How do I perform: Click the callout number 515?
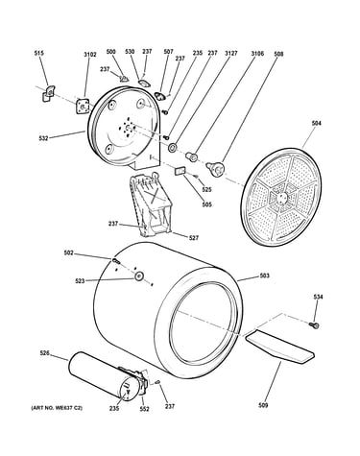pos(38,54)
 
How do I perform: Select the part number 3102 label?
pos(90,55)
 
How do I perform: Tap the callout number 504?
pos(316,123)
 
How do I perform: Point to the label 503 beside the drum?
pos(264,276)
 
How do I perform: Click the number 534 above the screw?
pos(318,297)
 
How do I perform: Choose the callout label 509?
pos(263,405)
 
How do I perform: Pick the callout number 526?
pos(45,353)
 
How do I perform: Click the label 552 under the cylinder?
pos(145,409)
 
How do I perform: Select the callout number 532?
pos(43,138)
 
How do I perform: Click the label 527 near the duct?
pos(194,238)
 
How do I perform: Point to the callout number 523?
pos(80,281)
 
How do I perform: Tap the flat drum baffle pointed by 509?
pos(279,347)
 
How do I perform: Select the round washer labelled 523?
pos(138,276)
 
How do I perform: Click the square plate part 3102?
pos(82,106)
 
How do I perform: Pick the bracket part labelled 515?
pos(48,93)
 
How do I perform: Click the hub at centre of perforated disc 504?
pos(280,197)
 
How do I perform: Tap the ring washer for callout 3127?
pos(173,148)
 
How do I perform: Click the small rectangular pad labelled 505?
pos(180,171)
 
